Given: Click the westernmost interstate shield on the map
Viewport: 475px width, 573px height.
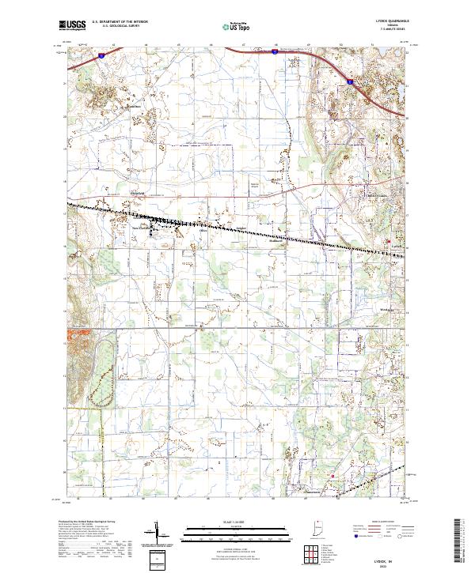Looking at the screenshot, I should [x=103, y=55].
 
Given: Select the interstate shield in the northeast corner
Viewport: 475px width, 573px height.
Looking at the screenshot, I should [x=349, y=80].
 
